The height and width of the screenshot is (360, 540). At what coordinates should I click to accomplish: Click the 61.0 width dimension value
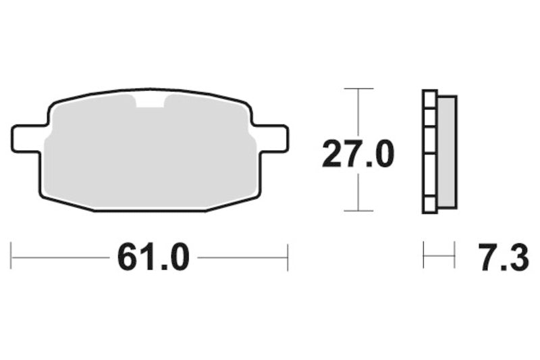coord(153,257)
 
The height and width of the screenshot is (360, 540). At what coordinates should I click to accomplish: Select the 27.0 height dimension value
coord(357,155)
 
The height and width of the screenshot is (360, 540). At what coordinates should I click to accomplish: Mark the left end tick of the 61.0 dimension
coord(11,257)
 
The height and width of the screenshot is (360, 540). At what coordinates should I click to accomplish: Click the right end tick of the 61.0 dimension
coord(288,257)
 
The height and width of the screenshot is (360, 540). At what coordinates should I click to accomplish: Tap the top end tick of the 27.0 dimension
coord(358,88)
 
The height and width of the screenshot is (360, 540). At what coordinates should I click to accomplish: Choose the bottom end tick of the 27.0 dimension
coord(358,211)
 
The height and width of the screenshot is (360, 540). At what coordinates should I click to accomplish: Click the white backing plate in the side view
coord(429,152)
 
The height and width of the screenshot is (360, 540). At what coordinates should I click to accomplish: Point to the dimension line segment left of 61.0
coord(61,257)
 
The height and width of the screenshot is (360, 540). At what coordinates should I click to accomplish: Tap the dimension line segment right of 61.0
coord(243,257)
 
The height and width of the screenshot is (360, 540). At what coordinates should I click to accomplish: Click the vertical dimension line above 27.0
coord(358,111)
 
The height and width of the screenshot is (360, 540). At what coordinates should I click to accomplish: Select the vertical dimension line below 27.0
coord(358,192)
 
